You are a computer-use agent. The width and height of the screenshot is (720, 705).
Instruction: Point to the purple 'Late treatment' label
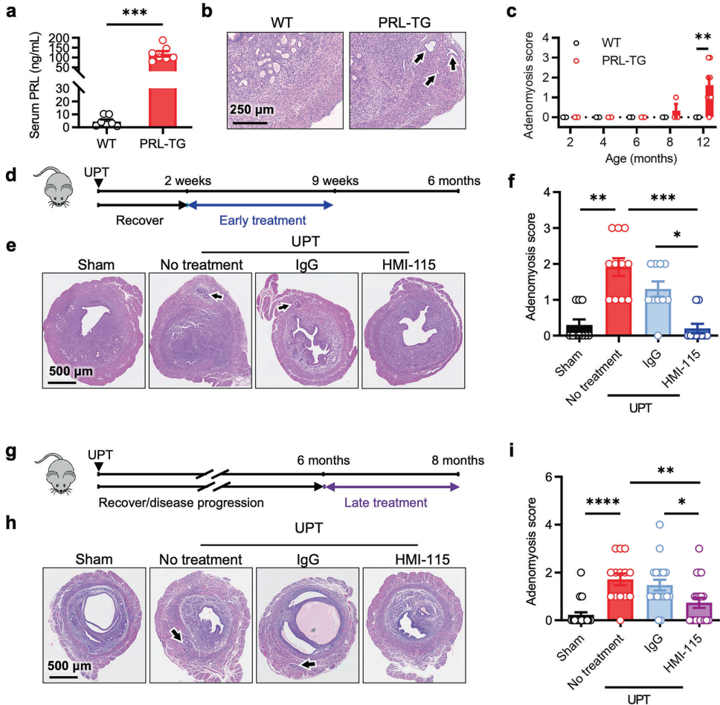(393, 502)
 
